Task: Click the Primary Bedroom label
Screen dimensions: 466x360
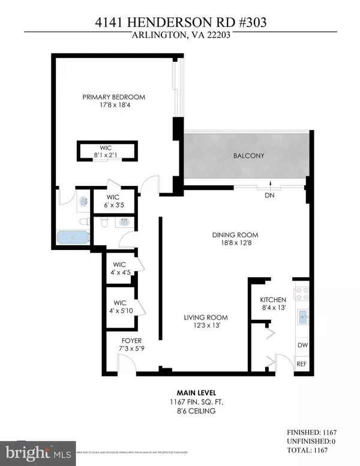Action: tap(113, 97)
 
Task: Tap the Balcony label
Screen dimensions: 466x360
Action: tap(248, 156)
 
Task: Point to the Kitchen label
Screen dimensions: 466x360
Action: tap(272, 299)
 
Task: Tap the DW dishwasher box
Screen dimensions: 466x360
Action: tap(303, 345)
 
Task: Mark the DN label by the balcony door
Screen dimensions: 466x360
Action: tap(271, 195)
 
